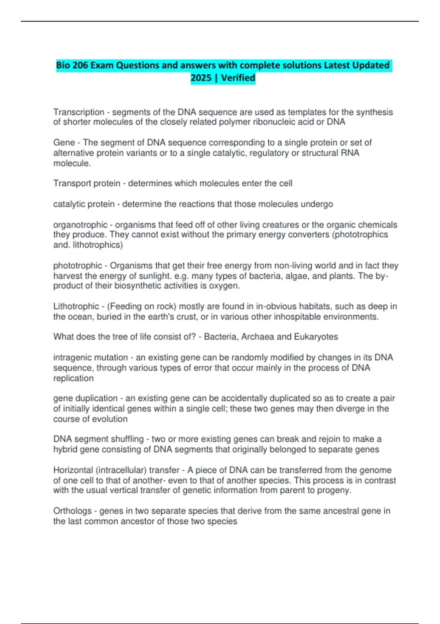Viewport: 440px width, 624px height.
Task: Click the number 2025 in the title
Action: point(201,78)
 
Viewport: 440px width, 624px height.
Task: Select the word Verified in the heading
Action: point(238,78)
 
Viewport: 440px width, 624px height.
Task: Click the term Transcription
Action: point(79,112)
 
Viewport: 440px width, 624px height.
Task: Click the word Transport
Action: point(71,183)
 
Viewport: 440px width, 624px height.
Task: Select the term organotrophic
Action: point(80,225)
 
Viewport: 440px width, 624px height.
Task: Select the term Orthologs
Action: point(72,511)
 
